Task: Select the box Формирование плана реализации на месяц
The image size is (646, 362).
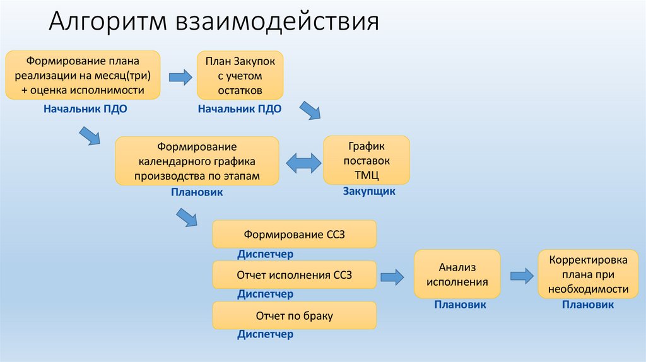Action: [x=83, y=76]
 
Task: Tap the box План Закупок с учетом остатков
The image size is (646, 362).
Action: [x=240, y=76]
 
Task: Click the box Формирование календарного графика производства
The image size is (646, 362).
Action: [x=197, y=161]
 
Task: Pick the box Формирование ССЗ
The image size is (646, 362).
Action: [x=295, y=235]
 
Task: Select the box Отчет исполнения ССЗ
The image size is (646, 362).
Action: [x=295, y=275]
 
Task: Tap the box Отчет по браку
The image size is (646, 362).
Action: [x=295, y=315]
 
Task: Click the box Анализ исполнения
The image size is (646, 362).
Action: [x=457, y=274]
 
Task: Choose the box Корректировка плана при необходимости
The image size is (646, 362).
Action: [x=588, y=274]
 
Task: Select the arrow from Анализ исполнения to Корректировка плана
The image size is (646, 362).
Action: [x=520, y=275]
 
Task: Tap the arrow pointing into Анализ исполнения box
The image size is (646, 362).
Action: [x=391, y=276]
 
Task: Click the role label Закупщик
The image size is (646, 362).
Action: [x=369, y=191]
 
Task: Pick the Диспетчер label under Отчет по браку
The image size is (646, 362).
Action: [x=265, y=334]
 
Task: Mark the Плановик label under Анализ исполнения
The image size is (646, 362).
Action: [x=460, y=305]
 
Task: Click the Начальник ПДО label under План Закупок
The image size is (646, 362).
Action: [x=240, y=108]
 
